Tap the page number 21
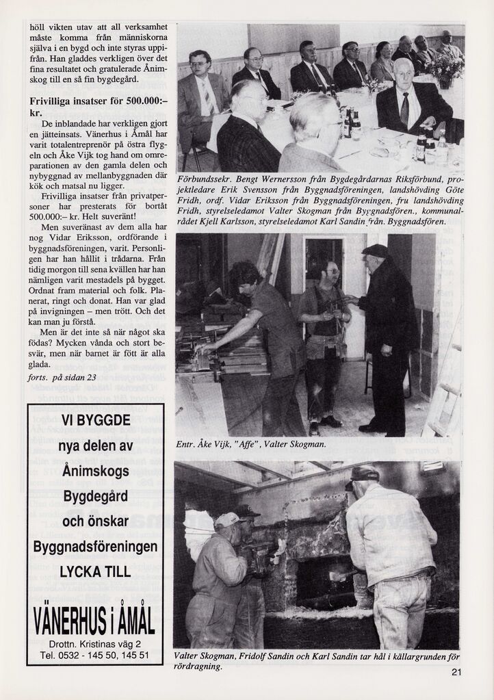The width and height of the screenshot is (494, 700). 456,672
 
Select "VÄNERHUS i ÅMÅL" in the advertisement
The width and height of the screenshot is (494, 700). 95,621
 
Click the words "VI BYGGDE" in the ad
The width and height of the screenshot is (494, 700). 95,420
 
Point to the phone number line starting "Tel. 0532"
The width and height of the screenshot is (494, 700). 95,655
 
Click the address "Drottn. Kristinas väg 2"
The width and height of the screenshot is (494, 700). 95,643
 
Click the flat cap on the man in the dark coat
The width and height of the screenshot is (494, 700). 375,250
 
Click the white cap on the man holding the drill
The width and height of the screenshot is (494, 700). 227,521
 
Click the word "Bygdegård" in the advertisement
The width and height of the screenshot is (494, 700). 95,495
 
